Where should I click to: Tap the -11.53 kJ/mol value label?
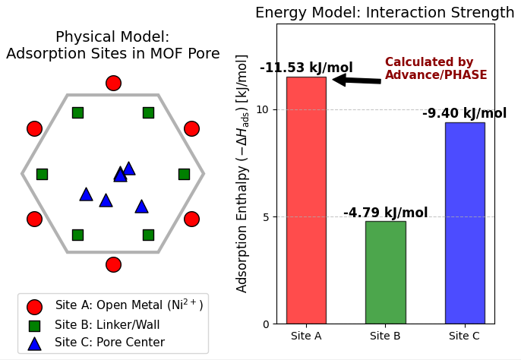306,68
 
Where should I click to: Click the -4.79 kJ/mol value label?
385,213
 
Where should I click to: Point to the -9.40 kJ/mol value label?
464,114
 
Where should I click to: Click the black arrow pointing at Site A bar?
356,80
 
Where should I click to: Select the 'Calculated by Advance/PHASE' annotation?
436,69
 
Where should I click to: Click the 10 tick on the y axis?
263,109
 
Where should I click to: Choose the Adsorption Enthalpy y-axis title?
242,173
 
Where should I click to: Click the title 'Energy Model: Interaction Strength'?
384,13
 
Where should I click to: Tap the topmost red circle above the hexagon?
113,83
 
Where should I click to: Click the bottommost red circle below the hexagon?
113,264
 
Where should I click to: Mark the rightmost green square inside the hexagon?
184,174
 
